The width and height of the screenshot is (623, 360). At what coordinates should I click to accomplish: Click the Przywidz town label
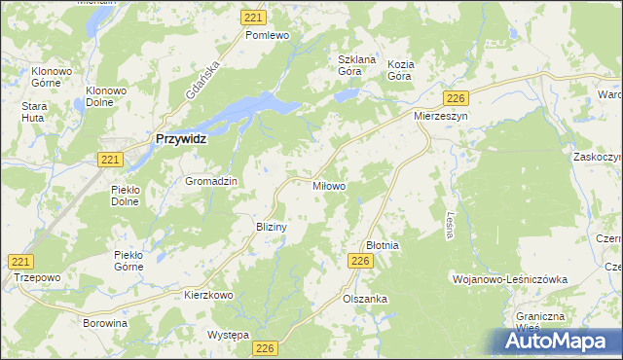pyautogui.click(x=181, y=139)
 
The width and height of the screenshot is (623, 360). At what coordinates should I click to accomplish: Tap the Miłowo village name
pyautogui.click(x=326, y=185)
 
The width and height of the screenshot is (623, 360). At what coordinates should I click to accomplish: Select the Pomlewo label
pyautogui.click(x=268, y=35)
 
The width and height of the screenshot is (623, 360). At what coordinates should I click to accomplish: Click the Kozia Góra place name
pyautogui.click(x=400, y=70)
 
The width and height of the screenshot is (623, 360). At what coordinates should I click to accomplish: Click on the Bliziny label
pyautogui.click(x=270, y=226)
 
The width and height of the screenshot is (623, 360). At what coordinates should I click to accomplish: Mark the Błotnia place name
pyautogui.click(x=382, y=246)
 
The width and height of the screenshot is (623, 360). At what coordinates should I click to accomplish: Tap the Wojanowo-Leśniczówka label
pyautogui.click(x=509, y=278)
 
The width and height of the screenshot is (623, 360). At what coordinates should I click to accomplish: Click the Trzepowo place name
pyautogui.click(x=38, y=277)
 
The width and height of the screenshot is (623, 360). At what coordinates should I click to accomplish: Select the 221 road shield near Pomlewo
pyautogui.click(x=254, y=18)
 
